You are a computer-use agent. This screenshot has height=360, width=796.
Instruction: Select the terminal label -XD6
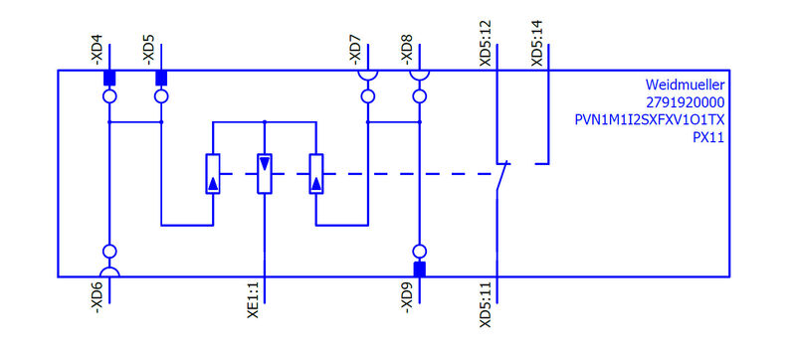coord(97,299)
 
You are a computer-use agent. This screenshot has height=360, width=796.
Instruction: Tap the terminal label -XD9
coord(407,299)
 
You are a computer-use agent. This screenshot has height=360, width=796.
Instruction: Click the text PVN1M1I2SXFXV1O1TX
coord(651,120)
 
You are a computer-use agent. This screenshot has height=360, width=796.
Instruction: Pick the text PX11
coord(707,137)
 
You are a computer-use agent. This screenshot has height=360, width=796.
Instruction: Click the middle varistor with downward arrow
coord(264,173)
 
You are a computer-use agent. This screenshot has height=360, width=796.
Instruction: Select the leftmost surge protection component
coord(212,173)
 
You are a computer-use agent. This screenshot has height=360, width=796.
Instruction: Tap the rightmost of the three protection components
coord(316,173)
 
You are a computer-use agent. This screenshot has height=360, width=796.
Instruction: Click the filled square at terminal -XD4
coord(109,78)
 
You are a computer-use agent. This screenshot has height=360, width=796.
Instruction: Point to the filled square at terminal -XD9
coord(420,269)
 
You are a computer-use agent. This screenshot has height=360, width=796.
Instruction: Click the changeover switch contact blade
coord(503,179)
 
